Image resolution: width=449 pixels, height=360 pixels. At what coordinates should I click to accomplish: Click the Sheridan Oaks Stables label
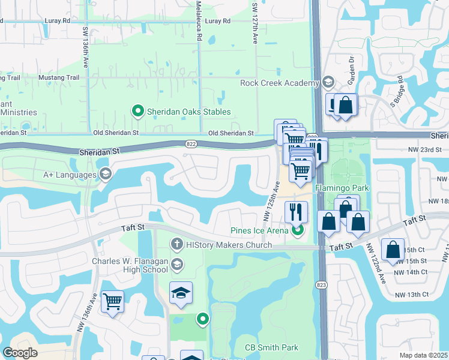click(189, 112)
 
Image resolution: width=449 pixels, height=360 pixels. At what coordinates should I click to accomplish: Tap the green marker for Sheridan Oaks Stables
click(137, 111)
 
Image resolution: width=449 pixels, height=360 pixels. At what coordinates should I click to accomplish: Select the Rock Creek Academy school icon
click(328, 82)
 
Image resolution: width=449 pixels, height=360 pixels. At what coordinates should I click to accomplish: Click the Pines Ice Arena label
click(260, 230)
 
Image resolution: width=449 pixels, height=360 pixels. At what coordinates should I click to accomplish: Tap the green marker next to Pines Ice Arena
click(297, 230)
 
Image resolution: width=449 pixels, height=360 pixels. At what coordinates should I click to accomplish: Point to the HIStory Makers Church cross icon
click(176, 244)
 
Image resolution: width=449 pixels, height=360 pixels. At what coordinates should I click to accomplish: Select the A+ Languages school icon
click(106, 175)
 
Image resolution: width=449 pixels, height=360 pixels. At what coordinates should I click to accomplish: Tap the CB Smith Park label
click(271, 347)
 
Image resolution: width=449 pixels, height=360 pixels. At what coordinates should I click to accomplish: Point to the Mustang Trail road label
click(59, 78)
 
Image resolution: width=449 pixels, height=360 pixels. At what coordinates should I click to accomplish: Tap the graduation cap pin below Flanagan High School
click(181, 292)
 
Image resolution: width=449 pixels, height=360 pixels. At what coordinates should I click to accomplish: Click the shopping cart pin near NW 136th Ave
click(112, 301)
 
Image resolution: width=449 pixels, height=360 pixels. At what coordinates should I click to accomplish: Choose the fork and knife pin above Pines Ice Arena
click(296, 212)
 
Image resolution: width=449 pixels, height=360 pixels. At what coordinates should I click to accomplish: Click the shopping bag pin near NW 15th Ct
click(393, 250)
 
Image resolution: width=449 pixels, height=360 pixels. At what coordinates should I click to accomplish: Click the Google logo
click(20, 353)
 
